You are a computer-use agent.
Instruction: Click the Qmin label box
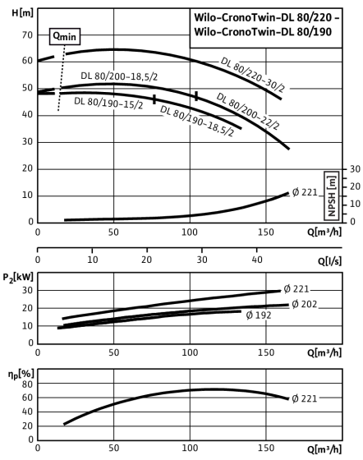(65, 36)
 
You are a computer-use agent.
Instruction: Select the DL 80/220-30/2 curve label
(252, 75)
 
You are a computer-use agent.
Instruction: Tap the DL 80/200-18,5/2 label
(119, 76)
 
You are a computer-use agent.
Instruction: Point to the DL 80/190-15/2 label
(108, 103)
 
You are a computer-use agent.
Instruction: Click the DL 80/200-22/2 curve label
(248, 112)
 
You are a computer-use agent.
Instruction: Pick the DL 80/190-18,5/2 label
(197, 122)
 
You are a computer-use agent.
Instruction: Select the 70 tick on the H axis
(27, 35)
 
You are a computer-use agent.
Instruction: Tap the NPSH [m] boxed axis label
(332, 195)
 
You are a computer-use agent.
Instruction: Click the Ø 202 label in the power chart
(305, 304)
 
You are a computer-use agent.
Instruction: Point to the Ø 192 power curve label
(259, 315)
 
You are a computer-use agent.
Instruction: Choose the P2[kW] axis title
(18, 278)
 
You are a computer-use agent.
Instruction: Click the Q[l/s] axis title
(329, 260)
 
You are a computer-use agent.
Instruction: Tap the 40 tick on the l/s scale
(257, 260)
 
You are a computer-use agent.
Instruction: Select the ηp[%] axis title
(21, 374)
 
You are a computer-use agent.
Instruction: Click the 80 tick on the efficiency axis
(28, 384)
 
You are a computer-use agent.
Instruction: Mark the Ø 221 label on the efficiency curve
(305, 398)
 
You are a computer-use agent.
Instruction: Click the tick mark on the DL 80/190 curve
(154, 99)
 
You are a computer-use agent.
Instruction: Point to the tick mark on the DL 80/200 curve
(196, 96)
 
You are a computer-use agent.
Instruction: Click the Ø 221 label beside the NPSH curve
(305, 192)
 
